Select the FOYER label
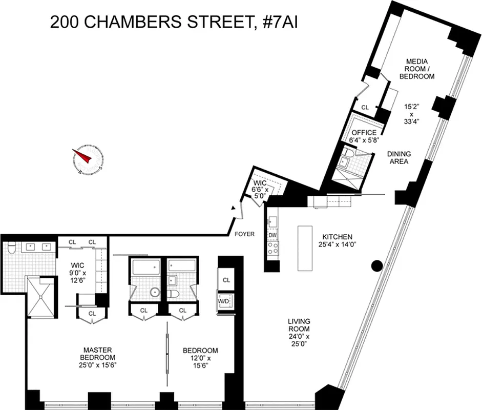(x=245, y=234)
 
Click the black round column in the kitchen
(x=376, y=265)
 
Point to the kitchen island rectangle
(x=306, y=248)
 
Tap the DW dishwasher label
(x=271, y=235)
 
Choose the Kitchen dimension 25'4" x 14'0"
(x=337, y=244)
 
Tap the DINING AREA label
(x=397, y=157)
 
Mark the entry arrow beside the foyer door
(x=233, y=209)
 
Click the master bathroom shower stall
(x=39, y=297)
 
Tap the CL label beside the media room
(x=365, y=108)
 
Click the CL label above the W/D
(x=226, y=280)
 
